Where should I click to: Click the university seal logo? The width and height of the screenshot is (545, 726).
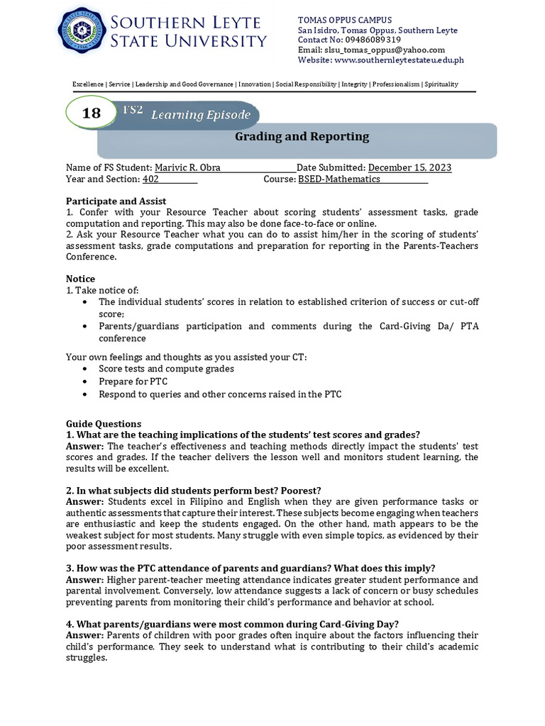coord(82,34)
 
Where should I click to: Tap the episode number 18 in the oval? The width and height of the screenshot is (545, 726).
coord(92,113)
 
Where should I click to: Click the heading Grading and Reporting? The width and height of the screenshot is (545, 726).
coord(302,137)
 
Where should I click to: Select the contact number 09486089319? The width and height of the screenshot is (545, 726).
coord(375,40)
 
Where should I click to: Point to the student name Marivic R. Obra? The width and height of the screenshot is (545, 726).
coord(187,167)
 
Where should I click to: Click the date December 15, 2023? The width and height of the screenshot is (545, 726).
coord(409,167)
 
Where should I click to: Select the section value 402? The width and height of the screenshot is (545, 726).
coord(150,179)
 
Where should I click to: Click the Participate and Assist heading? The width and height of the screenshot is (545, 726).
coord(116,201)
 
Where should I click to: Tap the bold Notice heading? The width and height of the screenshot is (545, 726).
coord(80,279)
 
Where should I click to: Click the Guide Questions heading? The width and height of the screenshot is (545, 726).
coord(104,423)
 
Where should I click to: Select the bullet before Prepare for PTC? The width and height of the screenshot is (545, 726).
coord(86,381)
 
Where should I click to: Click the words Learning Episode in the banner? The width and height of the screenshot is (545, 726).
coord(200,115)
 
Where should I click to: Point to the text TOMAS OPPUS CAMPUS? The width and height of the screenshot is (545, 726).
coord(345,20)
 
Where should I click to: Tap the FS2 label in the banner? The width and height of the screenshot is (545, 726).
coord(133,109)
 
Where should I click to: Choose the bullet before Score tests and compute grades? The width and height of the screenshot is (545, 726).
coord(86,369)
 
